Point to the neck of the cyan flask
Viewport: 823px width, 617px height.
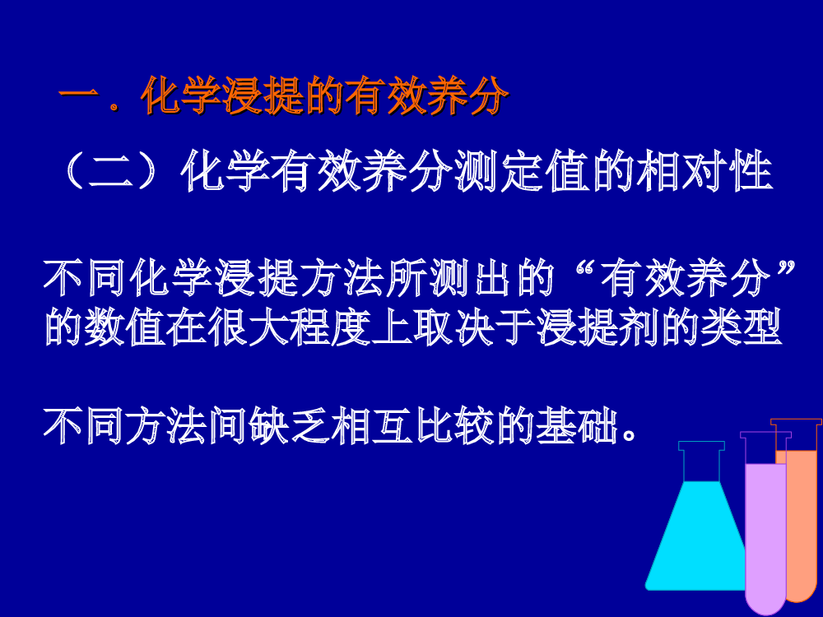point(702,462)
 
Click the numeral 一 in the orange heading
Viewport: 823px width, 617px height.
point(79,95)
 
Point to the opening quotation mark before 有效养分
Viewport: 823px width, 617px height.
point(585,269)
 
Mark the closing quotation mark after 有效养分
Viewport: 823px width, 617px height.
point(786,269)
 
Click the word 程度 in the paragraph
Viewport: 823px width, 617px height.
point(331,327)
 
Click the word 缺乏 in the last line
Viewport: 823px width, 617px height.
point(289,425)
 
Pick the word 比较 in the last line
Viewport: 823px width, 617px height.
point(454,425)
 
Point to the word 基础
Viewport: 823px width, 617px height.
point(577,425)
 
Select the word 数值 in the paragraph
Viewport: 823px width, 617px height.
point(105,327)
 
